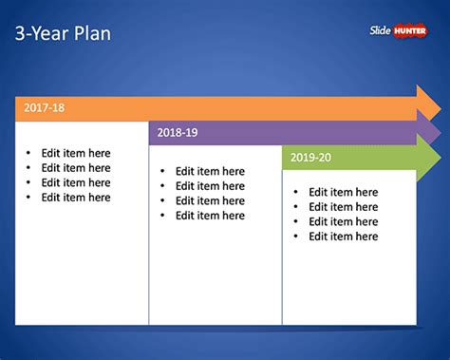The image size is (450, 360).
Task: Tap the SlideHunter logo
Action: click(400, 30)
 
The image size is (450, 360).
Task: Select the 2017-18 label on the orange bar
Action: click(45, 108)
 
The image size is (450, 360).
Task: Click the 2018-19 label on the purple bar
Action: click(178, 134)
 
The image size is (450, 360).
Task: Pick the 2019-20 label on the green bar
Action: click(311, 157)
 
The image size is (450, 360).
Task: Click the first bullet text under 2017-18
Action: click(76, 153)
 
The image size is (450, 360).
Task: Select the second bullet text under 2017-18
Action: click(76, 168)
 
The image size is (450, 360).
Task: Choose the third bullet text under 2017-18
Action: click(76, 182)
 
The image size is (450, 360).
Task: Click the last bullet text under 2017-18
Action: click(76, 198)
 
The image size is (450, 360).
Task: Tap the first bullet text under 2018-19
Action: click(210, 172)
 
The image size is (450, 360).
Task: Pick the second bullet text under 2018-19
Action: click(210, 186)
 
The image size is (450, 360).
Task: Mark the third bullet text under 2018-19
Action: click(210, 200)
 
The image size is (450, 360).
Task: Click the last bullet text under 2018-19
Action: click(210, 216)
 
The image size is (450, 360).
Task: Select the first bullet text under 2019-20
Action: click(343, 192)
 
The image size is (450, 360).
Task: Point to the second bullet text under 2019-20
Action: click(343, 207)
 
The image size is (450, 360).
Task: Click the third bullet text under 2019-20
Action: click(343, 221)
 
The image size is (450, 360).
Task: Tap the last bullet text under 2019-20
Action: click(343, 237)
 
